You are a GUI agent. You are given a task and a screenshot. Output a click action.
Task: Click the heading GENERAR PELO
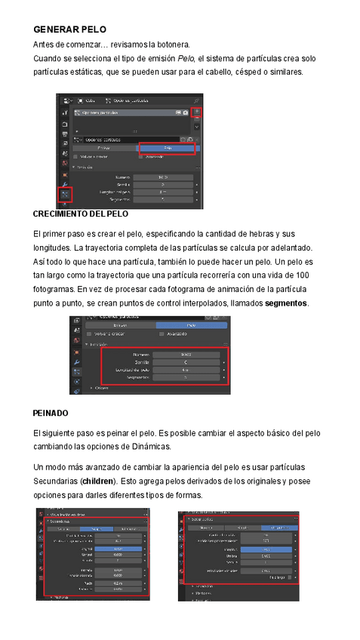[x=69, y=29]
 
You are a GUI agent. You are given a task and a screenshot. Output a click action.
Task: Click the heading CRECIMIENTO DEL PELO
[x=81, y=214]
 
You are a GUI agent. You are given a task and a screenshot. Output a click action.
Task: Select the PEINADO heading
[x=51, y=413]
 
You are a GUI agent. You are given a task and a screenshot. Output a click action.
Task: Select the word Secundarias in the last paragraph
[x=55, y=481]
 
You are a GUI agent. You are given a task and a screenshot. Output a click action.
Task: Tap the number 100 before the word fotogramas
[x=302, y=275]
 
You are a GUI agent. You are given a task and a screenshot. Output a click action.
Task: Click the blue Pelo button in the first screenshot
[x=167, y=149]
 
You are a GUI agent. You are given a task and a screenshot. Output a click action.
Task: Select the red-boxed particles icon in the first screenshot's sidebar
[x=64, y=194]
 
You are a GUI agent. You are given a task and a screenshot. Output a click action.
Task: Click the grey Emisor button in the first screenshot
[x=104, y=149]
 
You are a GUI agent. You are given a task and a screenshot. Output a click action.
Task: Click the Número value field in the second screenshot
[x=186, y=353]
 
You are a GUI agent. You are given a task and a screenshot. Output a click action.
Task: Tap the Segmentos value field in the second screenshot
[x=186, y=377]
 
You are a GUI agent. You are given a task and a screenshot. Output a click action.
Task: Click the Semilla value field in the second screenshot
[x=186, y=362]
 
